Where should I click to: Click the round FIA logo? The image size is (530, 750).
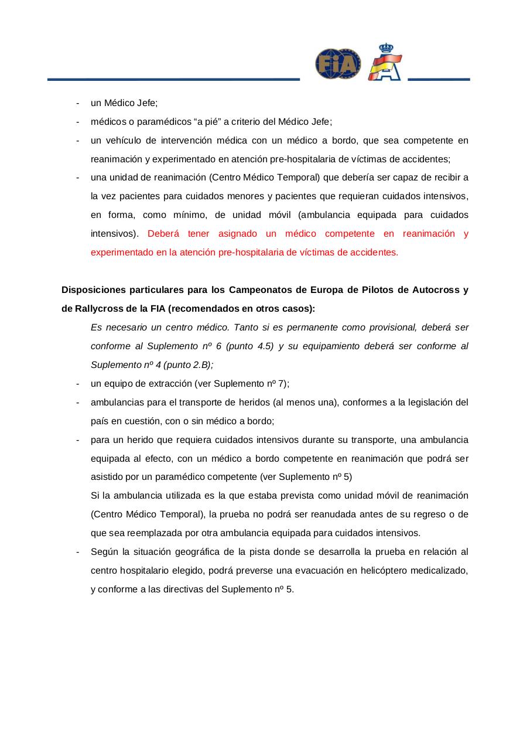[338, 64]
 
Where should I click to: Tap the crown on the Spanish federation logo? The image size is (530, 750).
[386, 48]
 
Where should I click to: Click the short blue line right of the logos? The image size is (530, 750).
[439, 79]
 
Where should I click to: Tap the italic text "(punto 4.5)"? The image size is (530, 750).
[249, 346]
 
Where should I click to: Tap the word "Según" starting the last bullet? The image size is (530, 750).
[103, 551]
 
